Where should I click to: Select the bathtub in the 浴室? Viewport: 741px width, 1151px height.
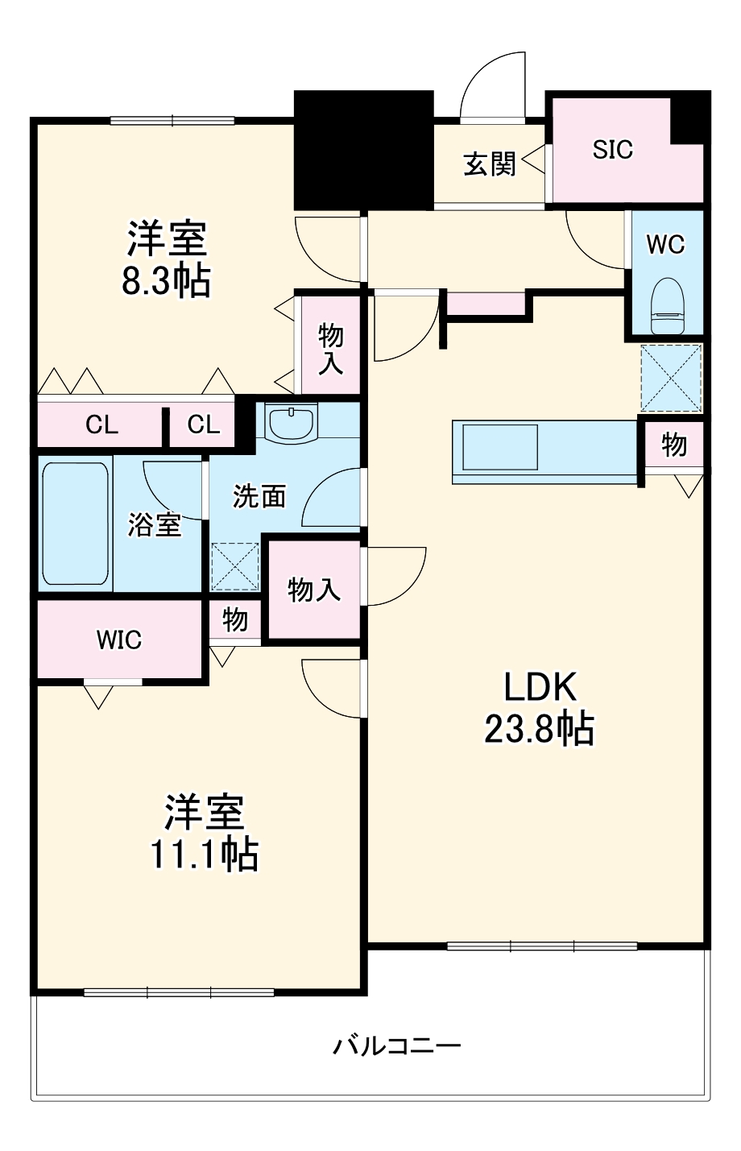[75, 524]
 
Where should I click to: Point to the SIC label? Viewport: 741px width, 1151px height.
[613, 150]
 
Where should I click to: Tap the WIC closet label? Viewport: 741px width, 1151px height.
[119, 640]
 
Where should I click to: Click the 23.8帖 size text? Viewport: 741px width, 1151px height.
[539, 729]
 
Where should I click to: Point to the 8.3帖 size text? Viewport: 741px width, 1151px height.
[166, 281]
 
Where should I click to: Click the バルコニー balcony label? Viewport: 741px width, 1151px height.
[397, 1046]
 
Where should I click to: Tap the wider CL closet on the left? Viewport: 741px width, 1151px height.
[101, 425]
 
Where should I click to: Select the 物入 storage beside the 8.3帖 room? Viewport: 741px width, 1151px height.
[330, 348]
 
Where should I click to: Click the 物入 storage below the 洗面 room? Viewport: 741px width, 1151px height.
[314, 590]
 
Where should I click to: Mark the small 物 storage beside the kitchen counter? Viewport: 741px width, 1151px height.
[674, 445]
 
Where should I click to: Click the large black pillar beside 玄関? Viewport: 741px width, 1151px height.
[364, 151]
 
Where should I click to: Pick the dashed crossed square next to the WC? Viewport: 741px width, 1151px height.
[671, 378]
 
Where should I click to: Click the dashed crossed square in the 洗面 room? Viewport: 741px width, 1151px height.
[234, 566]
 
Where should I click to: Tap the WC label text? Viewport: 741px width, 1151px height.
[666, 244]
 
